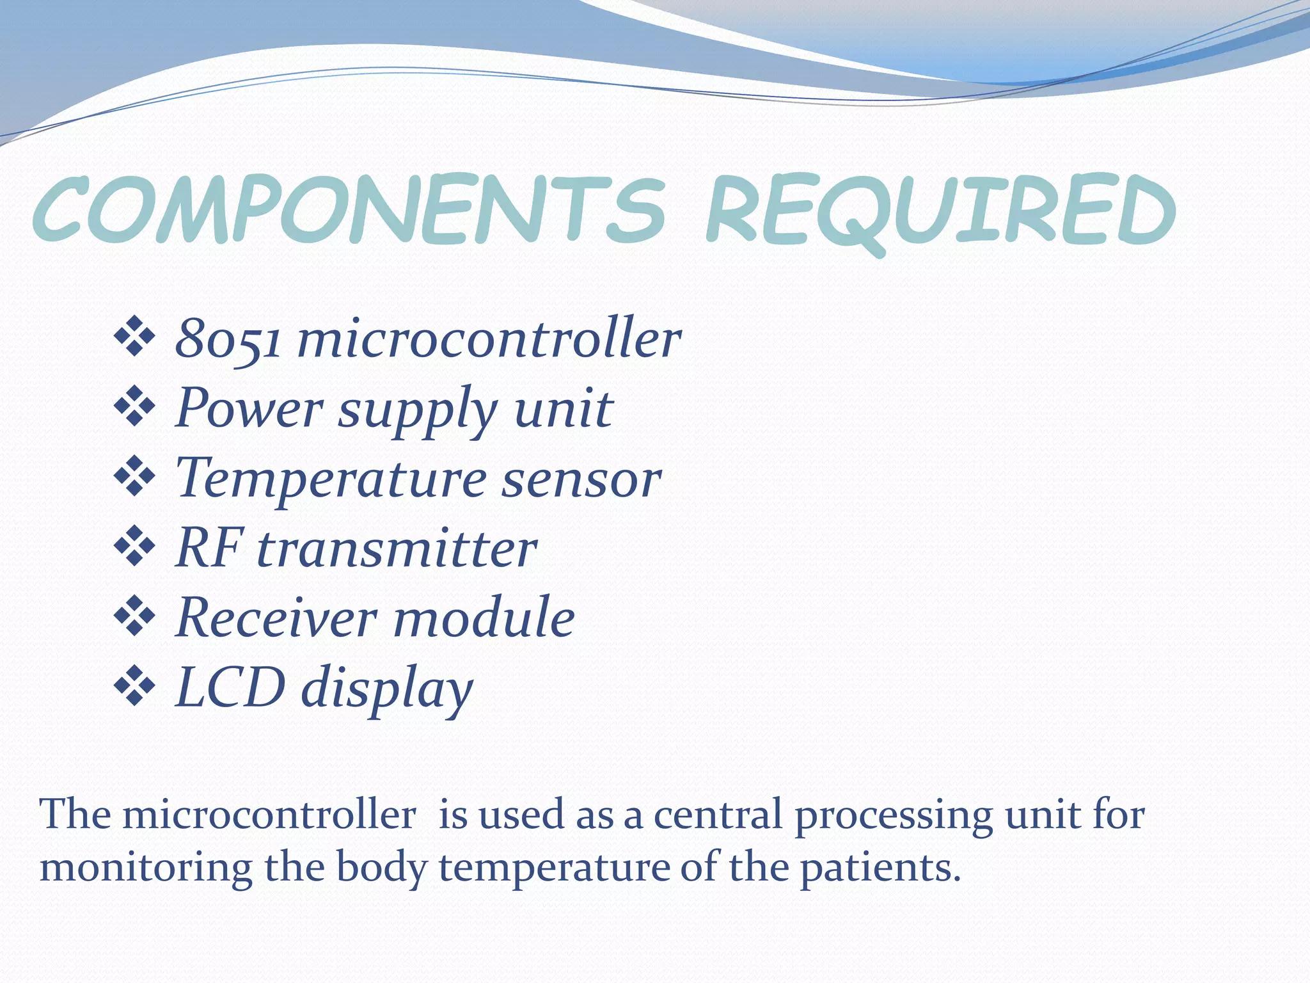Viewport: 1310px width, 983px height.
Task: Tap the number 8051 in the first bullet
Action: coord(228,339)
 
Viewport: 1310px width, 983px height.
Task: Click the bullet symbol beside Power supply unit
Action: coord(134,406)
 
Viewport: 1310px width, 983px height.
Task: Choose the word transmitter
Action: coord(397,549)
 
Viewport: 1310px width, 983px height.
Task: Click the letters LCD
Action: coord(230,687)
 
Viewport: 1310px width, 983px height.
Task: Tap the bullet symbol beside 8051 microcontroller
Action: coord(134,336)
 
